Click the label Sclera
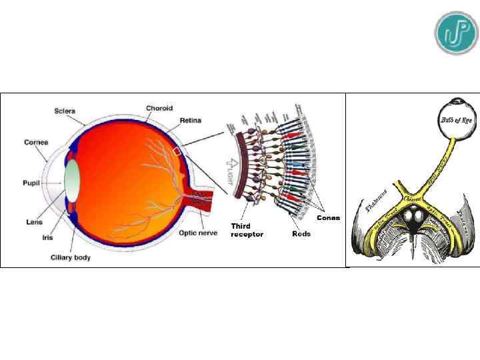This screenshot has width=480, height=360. [x=65, y=111]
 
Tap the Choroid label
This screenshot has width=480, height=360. [x=160, y=108]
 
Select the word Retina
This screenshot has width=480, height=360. [x=191, y=122]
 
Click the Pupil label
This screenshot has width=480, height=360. [x=31, y=182]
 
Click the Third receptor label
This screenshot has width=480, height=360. [x=247, y=230]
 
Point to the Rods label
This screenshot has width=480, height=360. [x=301, y=234]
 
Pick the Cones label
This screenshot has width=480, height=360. [x=328, y=218]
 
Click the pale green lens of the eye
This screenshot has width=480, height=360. [x=73, y=181]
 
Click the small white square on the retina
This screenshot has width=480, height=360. [x=177, y=152]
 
